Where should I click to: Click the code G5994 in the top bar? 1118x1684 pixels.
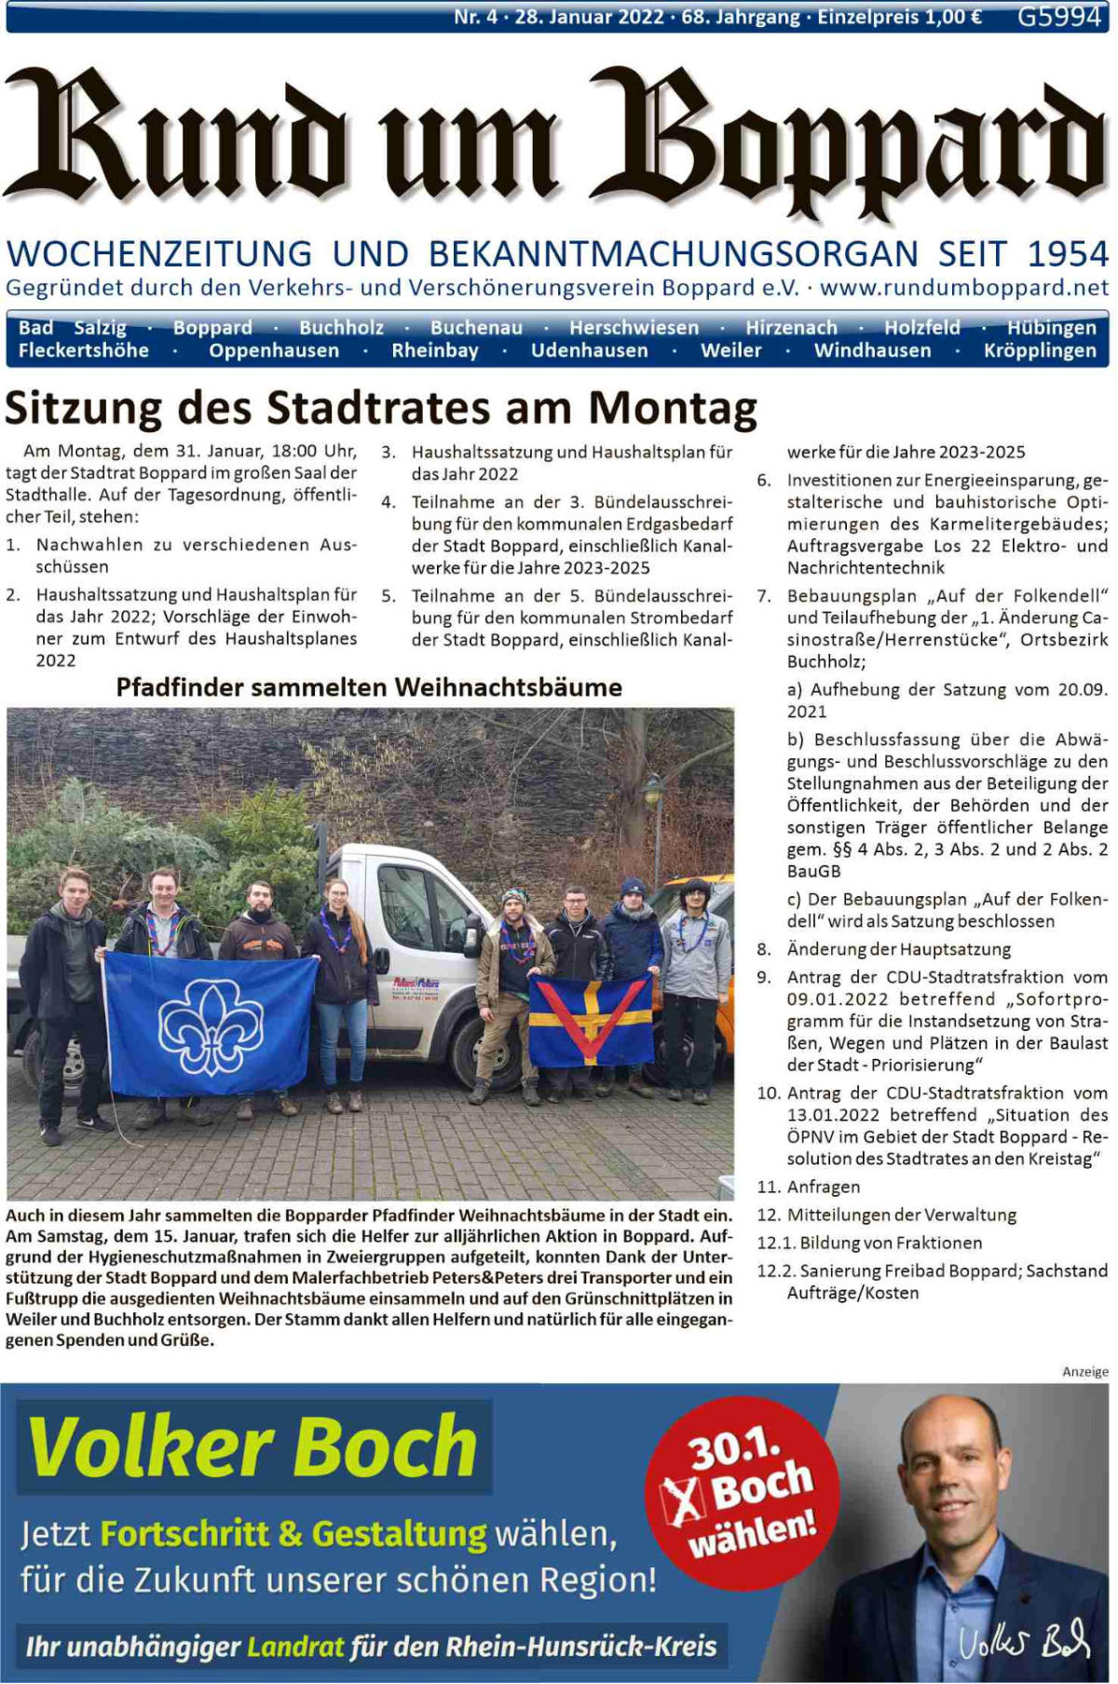[1058, 17]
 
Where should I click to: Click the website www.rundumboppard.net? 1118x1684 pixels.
[964, 288]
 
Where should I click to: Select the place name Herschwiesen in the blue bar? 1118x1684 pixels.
[634, 328]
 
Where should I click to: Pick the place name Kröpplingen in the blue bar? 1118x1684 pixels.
[1040, 351]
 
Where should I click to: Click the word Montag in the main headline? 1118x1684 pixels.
[673, 408]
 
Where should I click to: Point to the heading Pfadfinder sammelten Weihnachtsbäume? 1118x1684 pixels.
[369, 687]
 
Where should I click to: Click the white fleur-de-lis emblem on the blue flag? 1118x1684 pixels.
[211, 1025]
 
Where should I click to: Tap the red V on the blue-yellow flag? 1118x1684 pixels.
[590, 1018]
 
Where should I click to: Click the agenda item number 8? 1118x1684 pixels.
[764, 950]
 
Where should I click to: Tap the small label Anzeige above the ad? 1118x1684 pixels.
[1085, 1372]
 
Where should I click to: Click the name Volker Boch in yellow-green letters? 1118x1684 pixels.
[253, 1446]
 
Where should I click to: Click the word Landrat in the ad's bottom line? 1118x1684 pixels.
[295, 1647]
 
